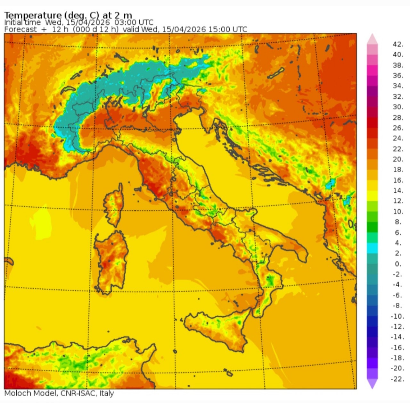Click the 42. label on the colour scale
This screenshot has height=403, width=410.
(x=398, y=44)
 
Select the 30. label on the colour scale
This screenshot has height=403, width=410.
(x=398, y=107)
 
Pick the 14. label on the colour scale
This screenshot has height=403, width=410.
(x=398, y=190)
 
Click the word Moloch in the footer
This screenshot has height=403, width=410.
(x=18, y=393)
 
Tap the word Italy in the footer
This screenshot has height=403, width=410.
(x=107, y=393)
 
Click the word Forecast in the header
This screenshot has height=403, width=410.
(x=20, y=29)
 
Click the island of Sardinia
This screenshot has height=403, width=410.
(x=111, y=260)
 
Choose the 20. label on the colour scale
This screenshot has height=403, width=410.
(x=398, y=159)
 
